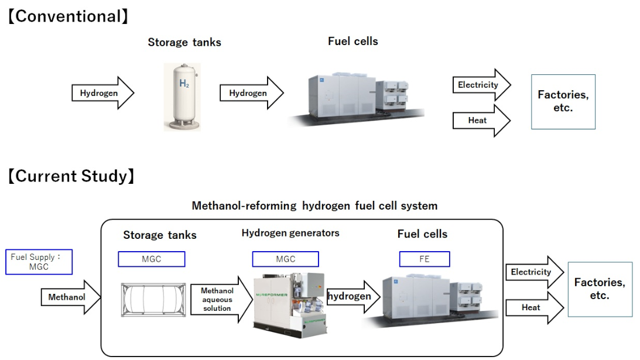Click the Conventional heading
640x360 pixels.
point(67,16)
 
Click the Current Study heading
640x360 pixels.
point(71,176)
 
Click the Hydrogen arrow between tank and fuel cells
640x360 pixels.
point(251,92)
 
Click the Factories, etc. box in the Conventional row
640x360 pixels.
point(563,102)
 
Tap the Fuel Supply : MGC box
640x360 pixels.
point(39,262)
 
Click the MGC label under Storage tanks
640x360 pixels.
point(152,259)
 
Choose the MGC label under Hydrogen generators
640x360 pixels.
point(285,259)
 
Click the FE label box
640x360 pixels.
point(425,259)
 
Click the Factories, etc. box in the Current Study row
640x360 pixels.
point(599,289)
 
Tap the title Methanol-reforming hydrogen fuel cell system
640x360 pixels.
point(314,206)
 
